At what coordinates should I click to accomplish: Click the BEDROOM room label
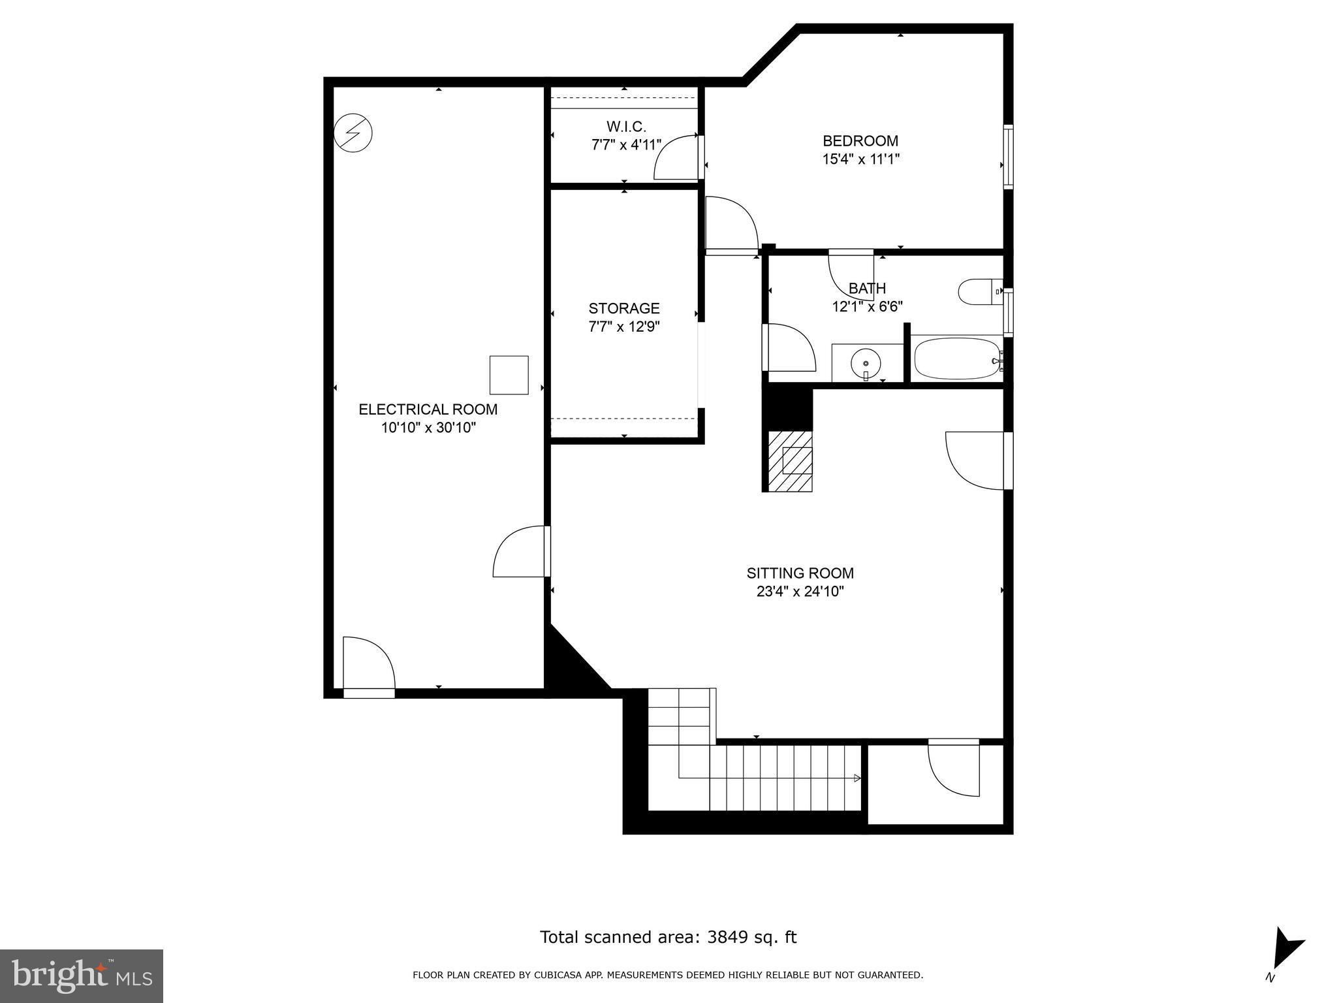click(860, 141)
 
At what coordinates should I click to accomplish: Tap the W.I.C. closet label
click(625, 127)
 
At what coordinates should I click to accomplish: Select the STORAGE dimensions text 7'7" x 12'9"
click(624, 326)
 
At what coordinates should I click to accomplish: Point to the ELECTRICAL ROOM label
click(428, 409)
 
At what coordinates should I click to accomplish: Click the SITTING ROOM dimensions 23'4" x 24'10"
click(800, 592)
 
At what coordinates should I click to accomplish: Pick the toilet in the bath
click(978, 292)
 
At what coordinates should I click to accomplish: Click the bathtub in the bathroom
click(957, 358)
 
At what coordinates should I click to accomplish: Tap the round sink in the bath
click(866, 362)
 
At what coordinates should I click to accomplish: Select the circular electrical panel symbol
click(353, 133)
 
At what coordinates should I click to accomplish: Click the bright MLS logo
click(82, 976)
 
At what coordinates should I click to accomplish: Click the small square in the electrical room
click(509, 375)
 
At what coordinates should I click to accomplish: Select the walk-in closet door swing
click(676, 157)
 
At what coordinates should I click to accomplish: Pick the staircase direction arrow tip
click(857, 778)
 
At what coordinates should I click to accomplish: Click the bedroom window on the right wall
click(1008, 157)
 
